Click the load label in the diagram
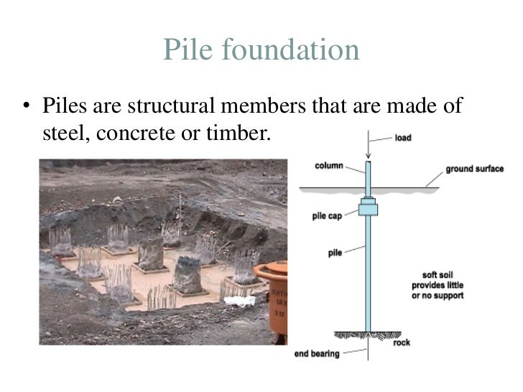[403, 137]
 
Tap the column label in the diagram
[328, 166]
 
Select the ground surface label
[474, 169]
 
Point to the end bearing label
[318, 353]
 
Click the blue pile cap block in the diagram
[369, 209]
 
